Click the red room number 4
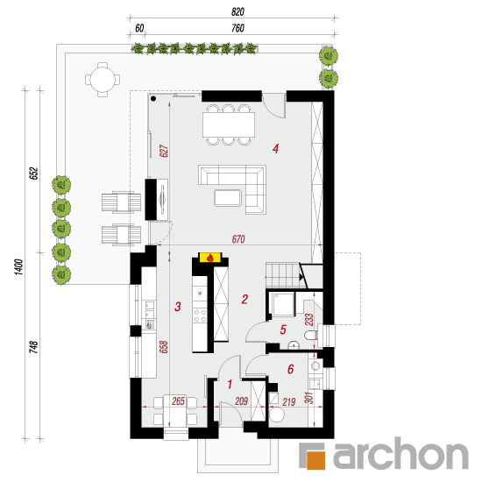pyautogui.click(x=275, y=148)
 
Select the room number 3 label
pyautogui.click(x=178, y=307)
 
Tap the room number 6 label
pyautogui.click(x=290, y=369)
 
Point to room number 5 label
pyautogui.click(x=283, y=330)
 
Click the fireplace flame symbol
pyautogui.click(x=210, y=258)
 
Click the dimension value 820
pyautogui.click(x=237, y=12)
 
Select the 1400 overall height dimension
pyautogui.click(x=19, y=266)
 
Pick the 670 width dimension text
pyautogui.click(x=238, y=239)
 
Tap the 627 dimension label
pyautogui.click(x=164, y=151)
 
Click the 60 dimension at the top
pyautogui.click(x=139, y=28)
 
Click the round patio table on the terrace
pyautogui.click(x=103, y=80)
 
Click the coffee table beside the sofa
pyautogui.click(x=228, y=198)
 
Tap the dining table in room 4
pyautogui.click(x=229, y=124)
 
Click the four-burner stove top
pyautogui.click(x=200, y=315)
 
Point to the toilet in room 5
pyautogui.click(x=310, y=335)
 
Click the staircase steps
pyautogui.click(x=283, y=275)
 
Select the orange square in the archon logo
pyautogui.click(x=315, y=460)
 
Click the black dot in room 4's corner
pyautogui.click(x=153, y=99)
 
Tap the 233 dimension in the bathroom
pyautogui.click(x=309, y=320)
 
